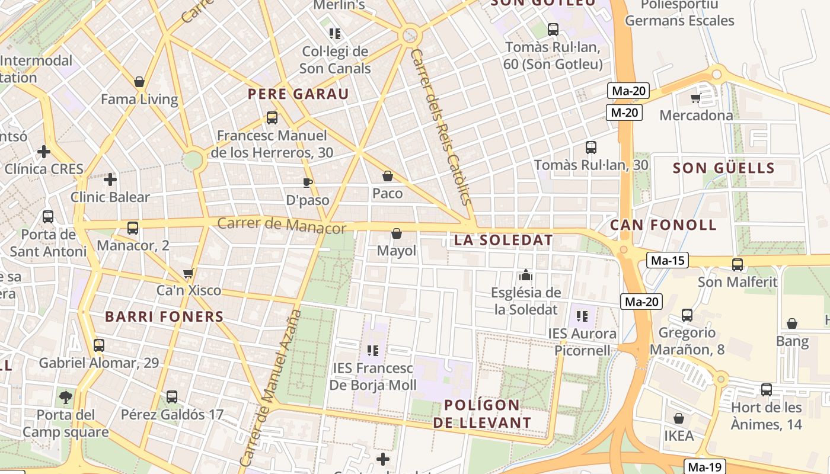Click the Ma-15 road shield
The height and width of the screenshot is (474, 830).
pos(667,260)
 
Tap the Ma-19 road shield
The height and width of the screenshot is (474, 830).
pos(705,466)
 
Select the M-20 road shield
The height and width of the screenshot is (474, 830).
pos(624,113)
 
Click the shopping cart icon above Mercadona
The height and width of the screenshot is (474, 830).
pos(696,98)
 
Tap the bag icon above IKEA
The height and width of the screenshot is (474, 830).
pos(679,418)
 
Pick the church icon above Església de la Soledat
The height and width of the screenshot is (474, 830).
pos(525,275)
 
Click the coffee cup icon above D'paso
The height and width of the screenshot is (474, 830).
pos(307,182)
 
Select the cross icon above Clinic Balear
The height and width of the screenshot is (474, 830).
pos(110,179)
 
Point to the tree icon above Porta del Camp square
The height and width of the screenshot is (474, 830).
pos(65,396)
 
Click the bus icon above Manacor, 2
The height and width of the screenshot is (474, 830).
pos(133,228)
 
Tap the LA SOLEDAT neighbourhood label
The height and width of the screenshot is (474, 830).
pos(503,241)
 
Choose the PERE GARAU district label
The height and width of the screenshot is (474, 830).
pos(298,94)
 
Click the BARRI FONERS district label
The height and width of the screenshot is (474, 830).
pos(164,316)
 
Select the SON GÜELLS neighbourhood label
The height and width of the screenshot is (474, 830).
pos(724,168)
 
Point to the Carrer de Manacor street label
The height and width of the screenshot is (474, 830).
pos(282,225)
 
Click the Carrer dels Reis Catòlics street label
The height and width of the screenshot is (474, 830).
pos(441,127)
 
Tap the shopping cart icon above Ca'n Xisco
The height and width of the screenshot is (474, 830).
pos(189,273)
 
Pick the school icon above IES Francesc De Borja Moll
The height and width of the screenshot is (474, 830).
pos(372,351)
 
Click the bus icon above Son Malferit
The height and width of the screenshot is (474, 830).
pos(738,265)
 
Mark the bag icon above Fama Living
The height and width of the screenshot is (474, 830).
pos(139,82)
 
